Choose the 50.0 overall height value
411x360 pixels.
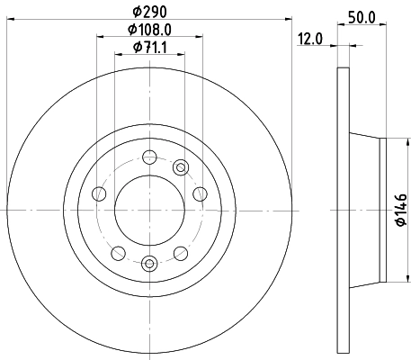(361, 17)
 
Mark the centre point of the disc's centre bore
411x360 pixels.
(149, 210)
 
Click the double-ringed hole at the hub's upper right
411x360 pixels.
(181, 166)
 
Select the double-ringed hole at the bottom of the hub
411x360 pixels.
(149, 263)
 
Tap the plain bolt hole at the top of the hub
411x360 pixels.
(149, 157)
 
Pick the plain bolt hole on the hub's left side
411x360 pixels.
(97, 193)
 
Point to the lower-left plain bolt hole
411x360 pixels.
(117, 252)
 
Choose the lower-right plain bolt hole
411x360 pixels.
(182, 252)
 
